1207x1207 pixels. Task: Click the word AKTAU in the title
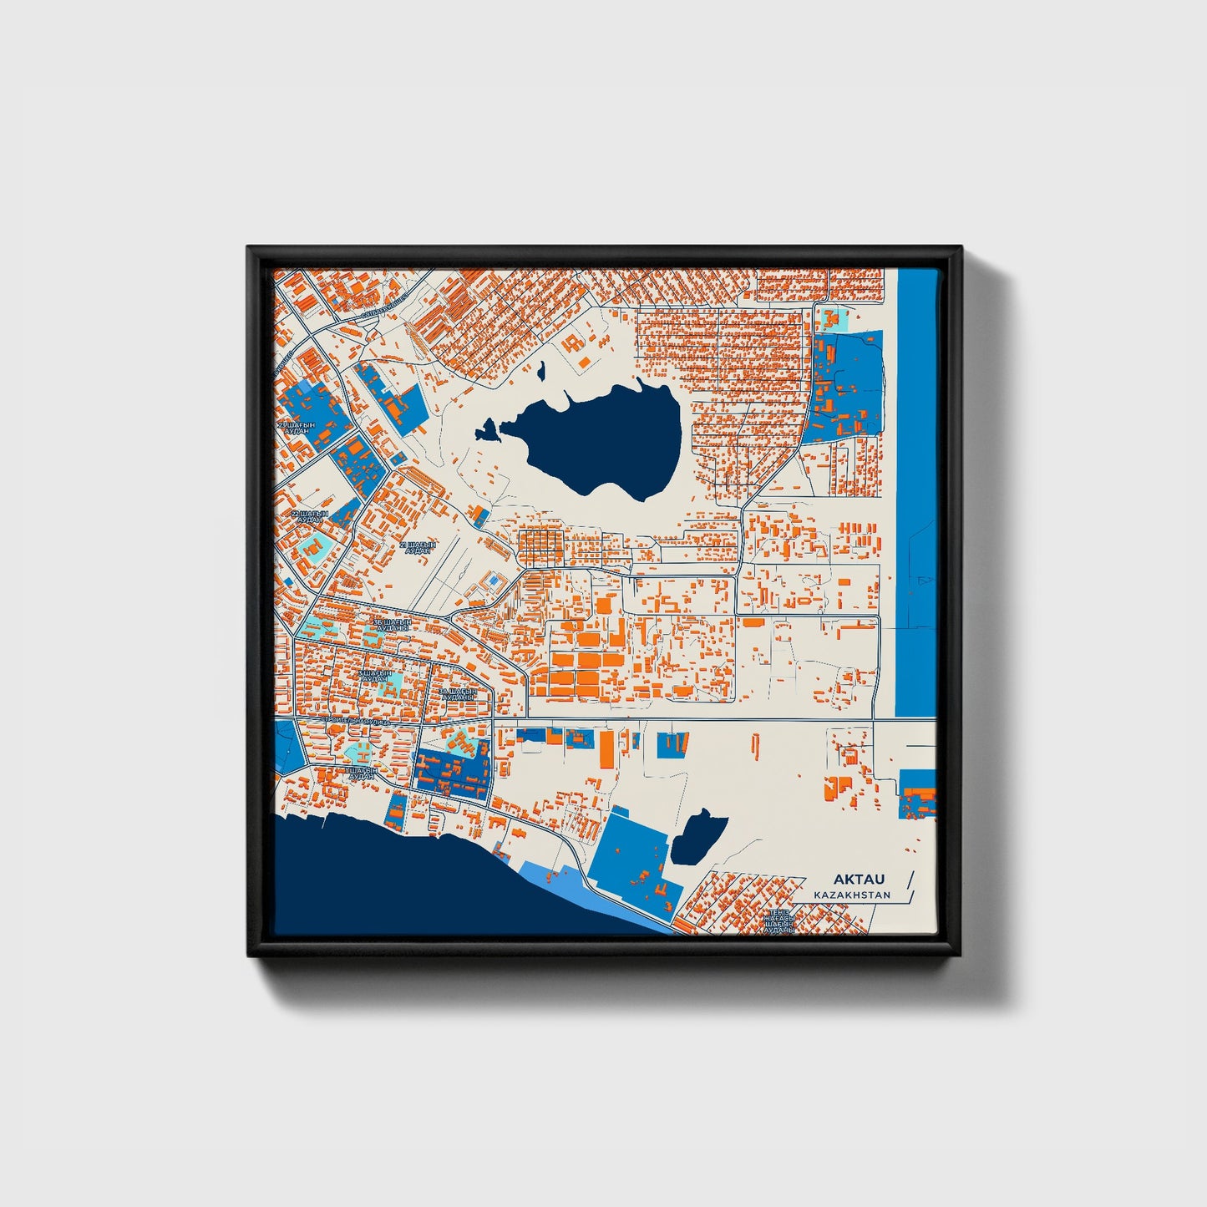[x=858, y=880]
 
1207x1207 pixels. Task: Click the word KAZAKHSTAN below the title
[x=852, y=895]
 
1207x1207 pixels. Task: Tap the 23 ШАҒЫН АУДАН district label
[x=297, y=428]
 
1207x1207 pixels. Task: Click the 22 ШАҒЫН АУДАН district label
[x=309, y=516]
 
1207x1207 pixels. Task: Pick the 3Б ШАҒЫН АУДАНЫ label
[x=392, y=625]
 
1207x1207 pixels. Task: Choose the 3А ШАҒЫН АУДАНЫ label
[x=457, y=694]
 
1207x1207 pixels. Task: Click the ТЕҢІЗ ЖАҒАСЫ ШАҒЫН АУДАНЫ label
[x=778, y=920]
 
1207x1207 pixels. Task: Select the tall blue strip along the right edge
[x=915, y=493]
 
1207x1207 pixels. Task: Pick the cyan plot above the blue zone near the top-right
[x=831, y=318]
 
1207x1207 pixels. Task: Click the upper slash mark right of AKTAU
[x=910, y=878]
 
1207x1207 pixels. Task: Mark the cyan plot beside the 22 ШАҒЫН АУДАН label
[x=314, y=547]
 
